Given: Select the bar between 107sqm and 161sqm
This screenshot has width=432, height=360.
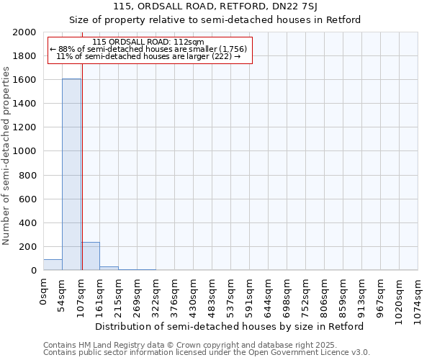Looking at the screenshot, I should pyautogui.click(x=90, y=256).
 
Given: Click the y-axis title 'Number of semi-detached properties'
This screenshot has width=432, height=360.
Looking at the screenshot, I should pyautogui.click(x=6, y=156).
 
